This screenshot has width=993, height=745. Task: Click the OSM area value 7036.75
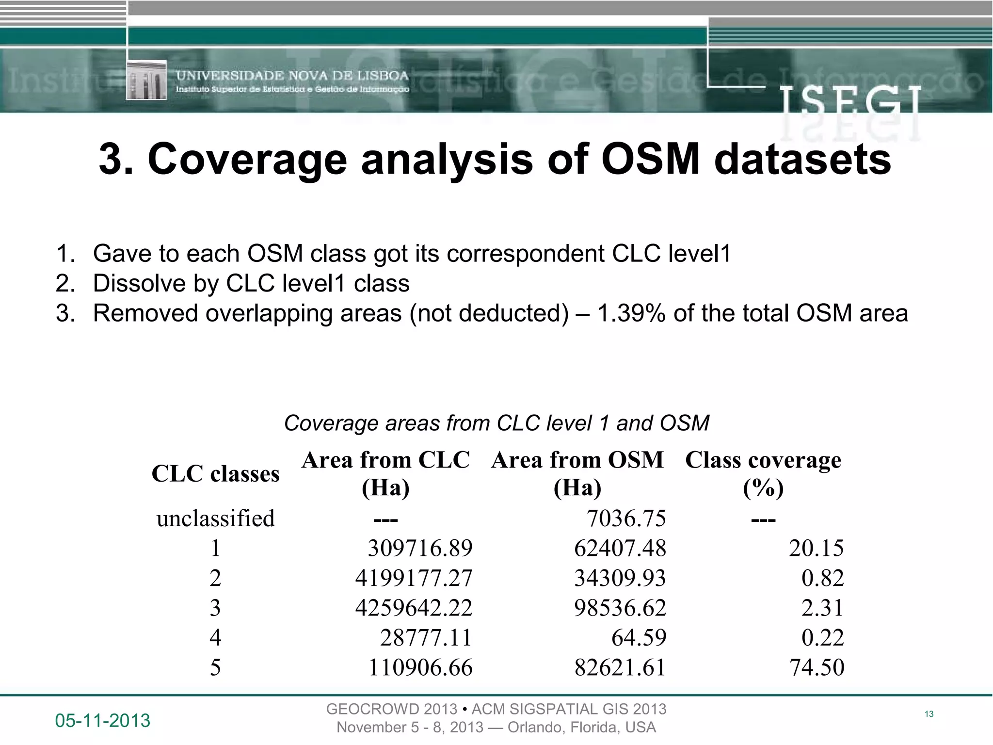(626, 518)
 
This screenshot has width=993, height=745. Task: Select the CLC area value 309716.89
(420, 549)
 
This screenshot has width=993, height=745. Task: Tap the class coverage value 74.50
(817, 667)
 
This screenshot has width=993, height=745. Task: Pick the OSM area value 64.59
(639, 638)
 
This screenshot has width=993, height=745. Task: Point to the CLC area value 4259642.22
(414, 608)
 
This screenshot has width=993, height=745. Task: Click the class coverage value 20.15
(817, 549)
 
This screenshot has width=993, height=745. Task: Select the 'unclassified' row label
(215, 518)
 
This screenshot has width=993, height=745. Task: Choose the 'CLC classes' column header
(215, 474)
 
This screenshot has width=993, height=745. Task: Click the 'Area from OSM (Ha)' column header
(577, 473)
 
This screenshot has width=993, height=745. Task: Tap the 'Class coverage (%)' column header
(763, 473)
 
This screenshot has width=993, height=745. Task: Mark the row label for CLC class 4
(215, 638)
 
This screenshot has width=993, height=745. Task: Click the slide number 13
(929, 714)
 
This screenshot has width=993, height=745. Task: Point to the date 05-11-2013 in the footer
(103, 721)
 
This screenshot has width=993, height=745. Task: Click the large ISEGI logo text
(849, 102)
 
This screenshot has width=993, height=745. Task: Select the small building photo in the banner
(146, 80)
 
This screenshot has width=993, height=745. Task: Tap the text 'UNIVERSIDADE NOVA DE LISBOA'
(292, 76)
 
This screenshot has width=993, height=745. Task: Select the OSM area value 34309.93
(620, 578)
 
